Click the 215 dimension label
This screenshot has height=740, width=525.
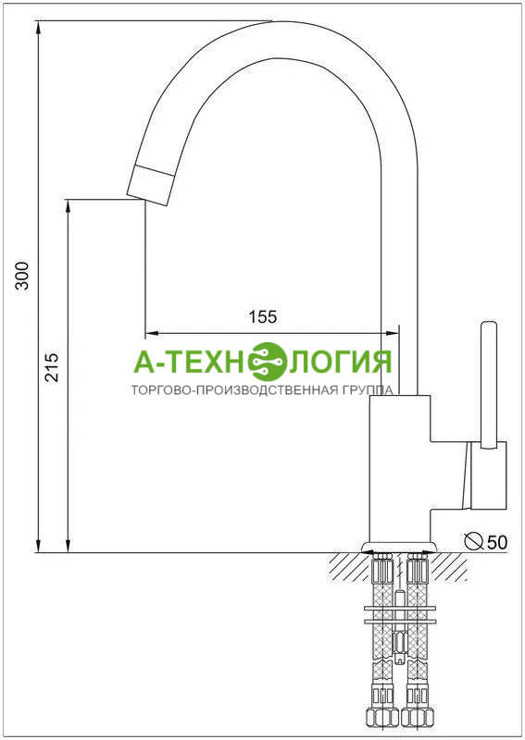tap(52, 367)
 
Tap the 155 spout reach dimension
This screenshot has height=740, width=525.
tap(263, 316)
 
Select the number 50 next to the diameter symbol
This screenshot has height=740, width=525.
tap(496, 542)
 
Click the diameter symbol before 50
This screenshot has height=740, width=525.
tap(473, 541)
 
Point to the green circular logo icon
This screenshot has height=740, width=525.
tap(269, 362)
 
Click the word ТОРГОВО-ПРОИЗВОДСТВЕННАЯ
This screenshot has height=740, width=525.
tap(234, 390)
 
